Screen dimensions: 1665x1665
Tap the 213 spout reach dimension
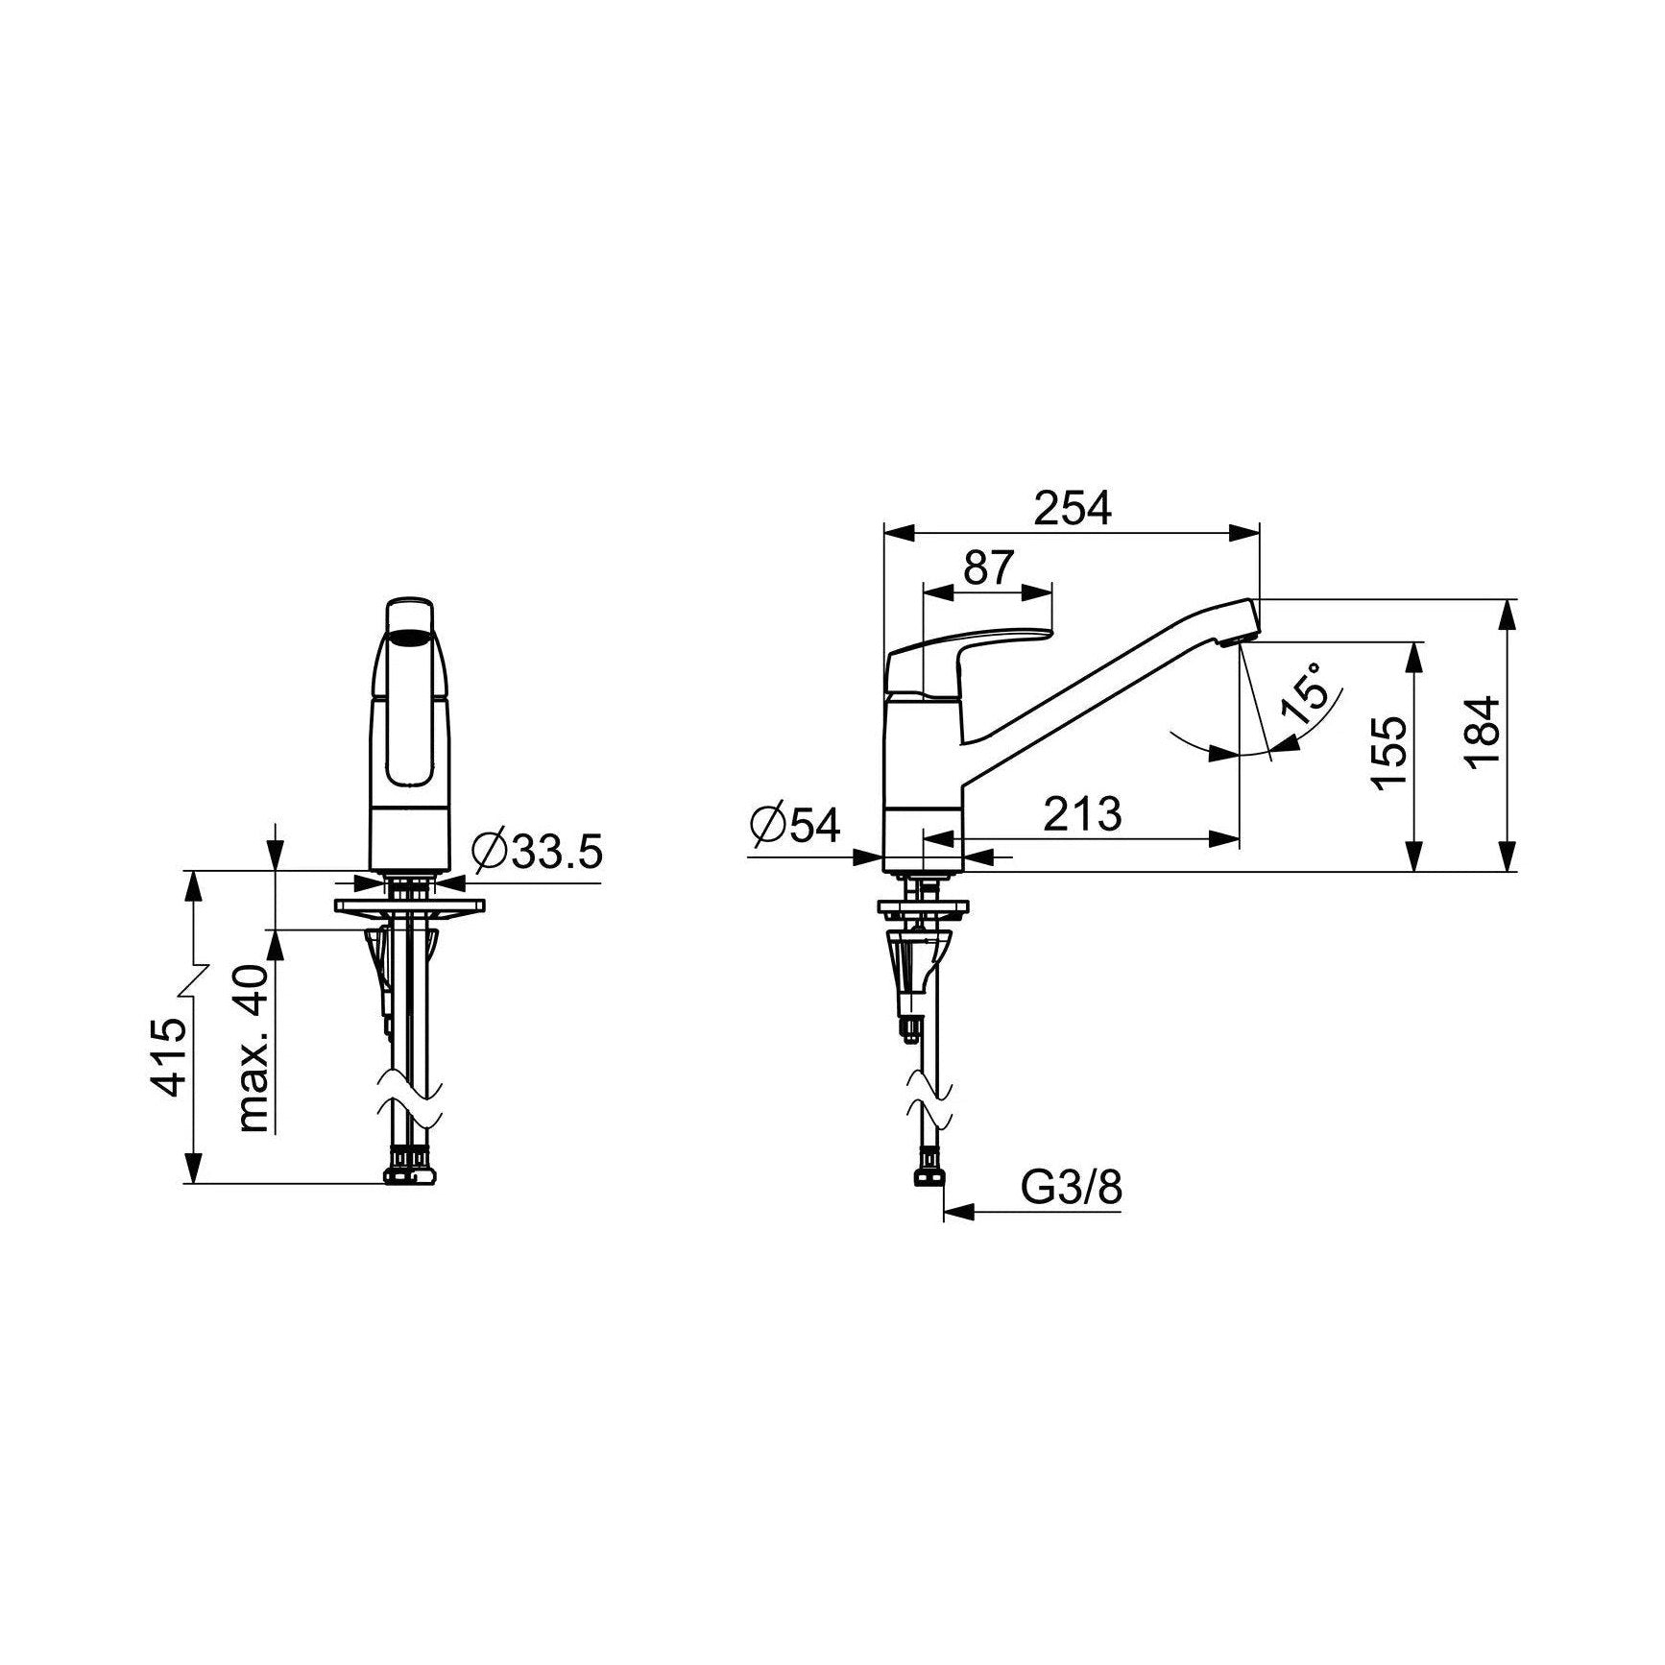(1082, 814)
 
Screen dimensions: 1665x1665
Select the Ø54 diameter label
(796, 826)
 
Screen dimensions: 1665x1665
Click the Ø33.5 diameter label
(537, 850)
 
